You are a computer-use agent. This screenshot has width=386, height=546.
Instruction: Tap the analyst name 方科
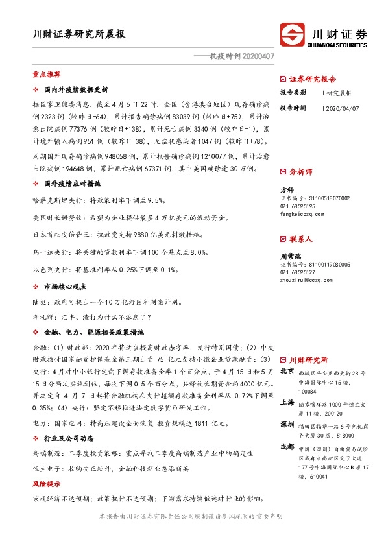click(x=287, y=190)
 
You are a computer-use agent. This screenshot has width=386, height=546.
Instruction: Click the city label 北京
click(x=287, y=372)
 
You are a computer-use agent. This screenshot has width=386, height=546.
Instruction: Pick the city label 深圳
click(x=287, y=424)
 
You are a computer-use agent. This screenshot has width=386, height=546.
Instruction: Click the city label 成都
click(x=287, y=447)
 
